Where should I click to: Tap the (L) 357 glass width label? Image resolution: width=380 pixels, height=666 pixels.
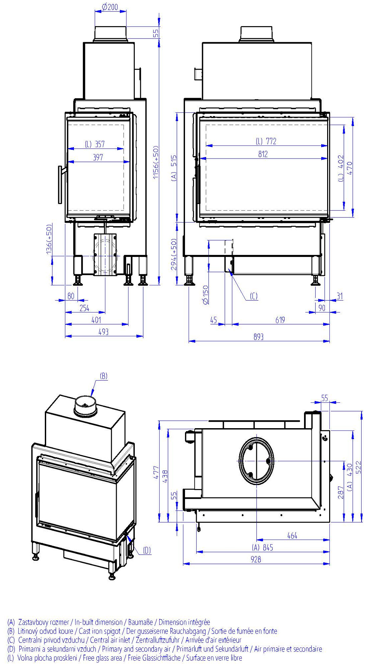pos(95,144)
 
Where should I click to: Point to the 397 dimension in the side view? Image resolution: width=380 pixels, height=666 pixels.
pos(98,157)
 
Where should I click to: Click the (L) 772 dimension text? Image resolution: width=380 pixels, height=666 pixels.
pos(266,141)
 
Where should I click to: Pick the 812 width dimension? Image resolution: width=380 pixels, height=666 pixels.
pos(263,154)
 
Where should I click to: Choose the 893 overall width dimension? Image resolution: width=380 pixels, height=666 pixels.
pos(259,337)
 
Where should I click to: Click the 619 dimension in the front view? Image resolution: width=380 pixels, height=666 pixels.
pos(280,320)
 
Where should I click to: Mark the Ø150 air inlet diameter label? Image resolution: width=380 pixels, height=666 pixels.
pos(206,294)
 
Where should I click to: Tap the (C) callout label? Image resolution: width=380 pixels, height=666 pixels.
pos(254,296)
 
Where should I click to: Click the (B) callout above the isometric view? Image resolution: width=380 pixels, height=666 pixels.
pos(104,376)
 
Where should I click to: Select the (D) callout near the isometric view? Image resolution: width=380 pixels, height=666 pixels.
pos(147,550)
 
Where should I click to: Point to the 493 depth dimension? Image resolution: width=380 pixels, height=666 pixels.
pos(104,332)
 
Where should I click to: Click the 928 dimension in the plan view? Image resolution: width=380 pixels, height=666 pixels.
pos(256,559)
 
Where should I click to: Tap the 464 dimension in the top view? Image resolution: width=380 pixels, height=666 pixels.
pos(292,536)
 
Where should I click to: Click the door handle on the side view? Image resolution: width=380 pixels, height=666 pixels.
pos(61,184)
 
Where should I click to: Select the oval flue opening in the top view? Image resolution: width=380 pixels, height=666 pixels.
pos(257,461)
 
